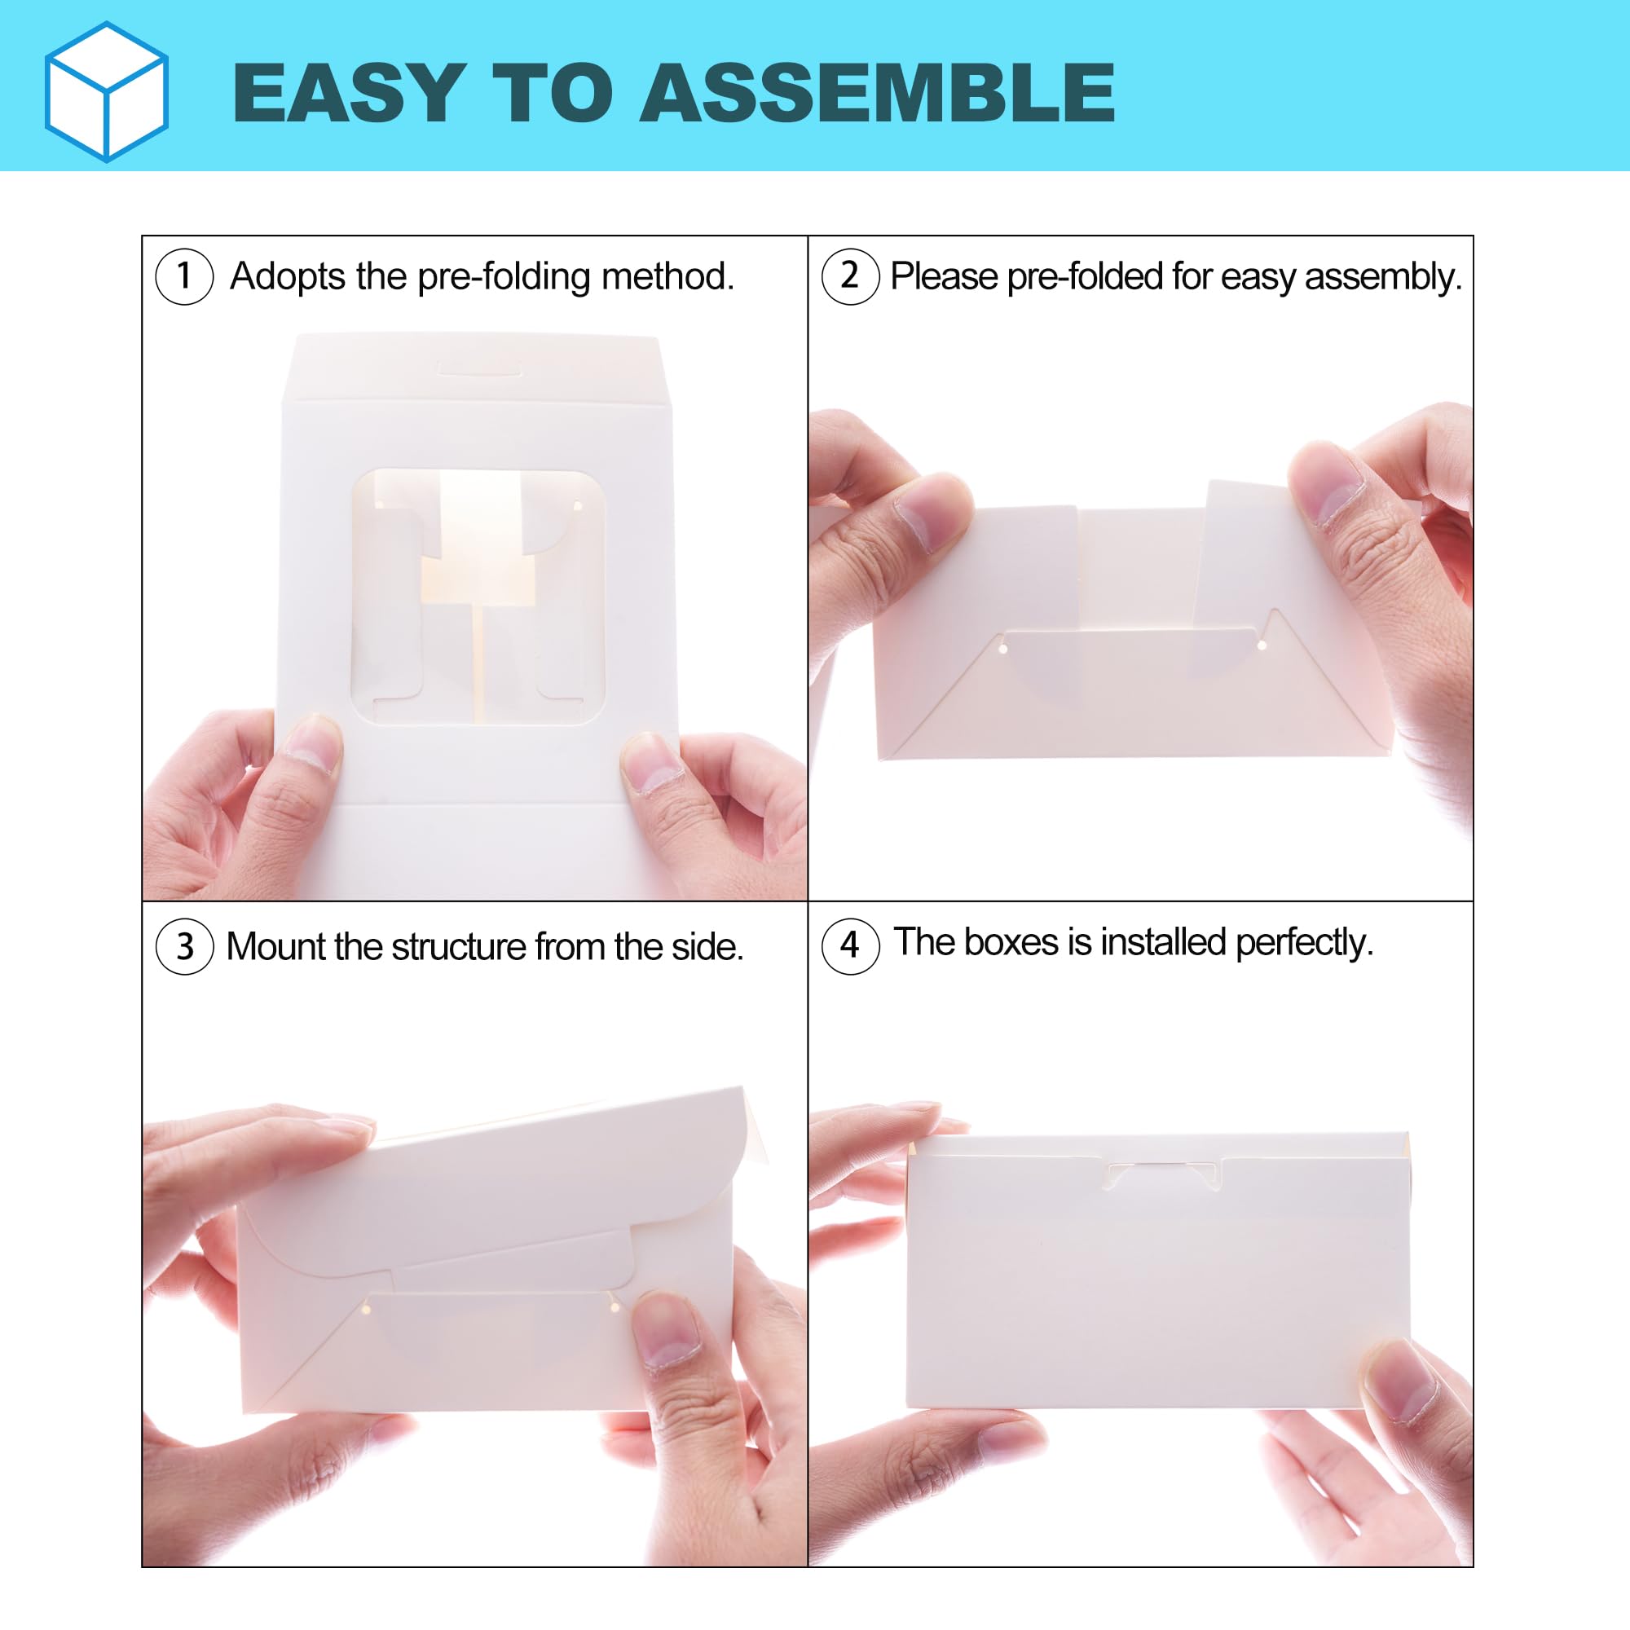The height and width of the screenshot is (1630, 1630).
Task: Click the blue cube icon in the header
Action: click(x=106, y=91)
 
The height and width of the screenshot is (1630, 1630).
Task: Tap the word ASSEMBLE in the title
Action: click(x=878, y=93)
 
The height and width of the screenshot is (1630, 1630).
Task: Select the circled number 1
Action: click(x=184, y=276)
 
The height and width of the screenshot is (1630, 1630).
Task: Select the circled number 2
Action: click(x=850, y=276)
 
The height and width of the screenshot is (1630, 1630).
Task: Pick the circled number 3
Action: click(x=184, y=945)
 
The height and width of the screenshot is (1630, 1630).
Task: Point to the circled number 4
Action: click(x=850, y=945)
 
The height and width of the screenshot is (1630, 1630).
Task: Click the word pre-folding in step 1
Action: click(x=504, y=278)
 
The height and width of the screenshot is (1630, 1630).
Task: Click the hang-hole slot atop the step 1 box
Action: click(x=480, y=368)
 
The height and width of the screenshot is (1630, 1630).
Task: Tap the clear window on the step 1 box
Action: click(x=478, y=597)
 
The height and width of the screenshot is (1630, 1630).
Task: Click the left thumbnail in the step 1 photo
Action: click(x=311, y=742)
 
